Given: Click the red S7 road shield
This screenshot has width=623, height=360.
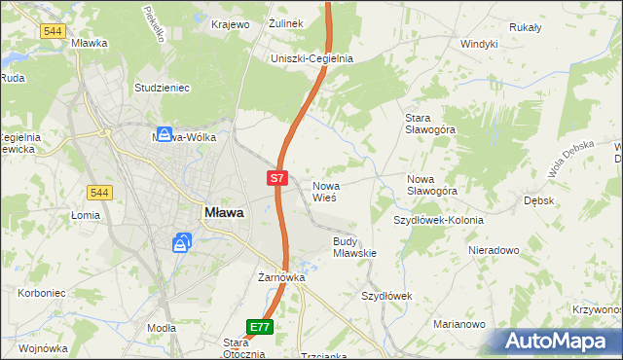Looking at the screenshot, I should pyautogui.click(x=277, y=178).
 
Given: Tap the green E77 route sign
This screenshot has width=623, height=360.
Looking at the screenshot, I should pyautogui.click(x=260, y=327).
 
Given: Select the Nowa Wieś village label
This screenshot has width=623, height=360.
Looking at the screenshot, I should pyautogui.click(x=324, y=191).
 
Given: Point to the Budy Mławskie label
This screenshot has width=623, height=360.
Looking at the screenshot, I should pyautogui.click(x=354, y=246).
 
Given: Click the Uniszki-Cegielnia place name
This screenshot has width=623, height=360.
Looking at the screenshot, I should pyautogui.click(x=311, y=58).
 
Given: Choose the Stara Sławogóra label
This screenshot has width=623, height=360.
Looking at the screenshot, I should pyautogui.click(x=429, y=125).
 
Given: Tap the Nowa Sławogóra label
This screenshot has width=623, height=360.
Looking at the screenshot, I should pyautogui.click(x=432, y=185).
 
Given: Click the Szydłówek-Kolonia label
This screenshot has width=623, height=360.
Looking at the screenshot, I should pyautogui.click(x=438, y=220).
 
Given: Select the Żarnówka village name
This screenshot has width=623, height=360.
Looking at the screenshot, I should pyautogui.click(x=281, y=277).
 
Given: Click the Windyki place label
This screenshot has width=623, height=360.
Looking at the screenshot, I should pyautogui.click(x=479, y=44).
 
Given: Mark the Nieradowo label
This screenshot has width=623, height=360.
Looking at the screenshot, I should pyautogui.click(x=493, y=250).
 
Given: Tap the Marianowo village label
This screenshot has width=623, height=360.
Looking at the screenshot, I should pyautogui.click(x=459, y=324).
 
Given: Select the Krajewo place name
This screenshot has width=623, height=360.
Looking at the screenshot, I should pyautogui.click(x=229, y=23).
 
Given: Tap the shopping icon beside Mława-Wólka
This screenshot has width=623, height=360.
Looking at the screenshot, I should pyautogui.click(x=165, y=135).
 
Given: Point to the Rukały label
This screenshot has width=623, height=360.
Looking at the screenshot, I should pyautogui.click(x=551, y=27).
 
